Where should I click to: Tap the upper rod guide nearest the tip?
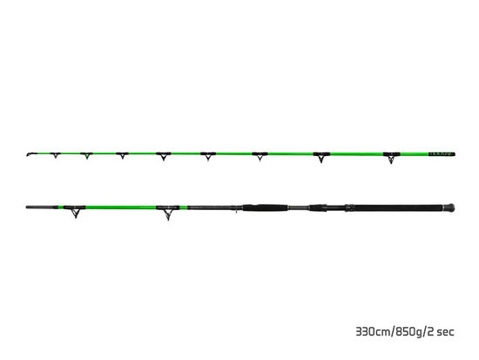54,155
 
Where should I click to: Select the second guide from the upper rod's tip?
86,155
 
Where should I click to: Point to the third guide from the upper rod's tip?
121,155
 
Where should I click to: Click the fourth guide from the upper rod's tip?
162,156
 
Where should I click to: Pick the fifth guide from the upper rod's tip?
207,157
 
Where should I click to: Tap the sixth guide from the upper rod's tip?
258,157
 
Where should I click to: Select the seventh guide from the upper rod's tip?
318,158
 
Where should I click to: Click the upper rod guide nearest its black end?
388,159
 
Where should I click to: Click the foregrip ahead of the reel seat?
263,208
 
